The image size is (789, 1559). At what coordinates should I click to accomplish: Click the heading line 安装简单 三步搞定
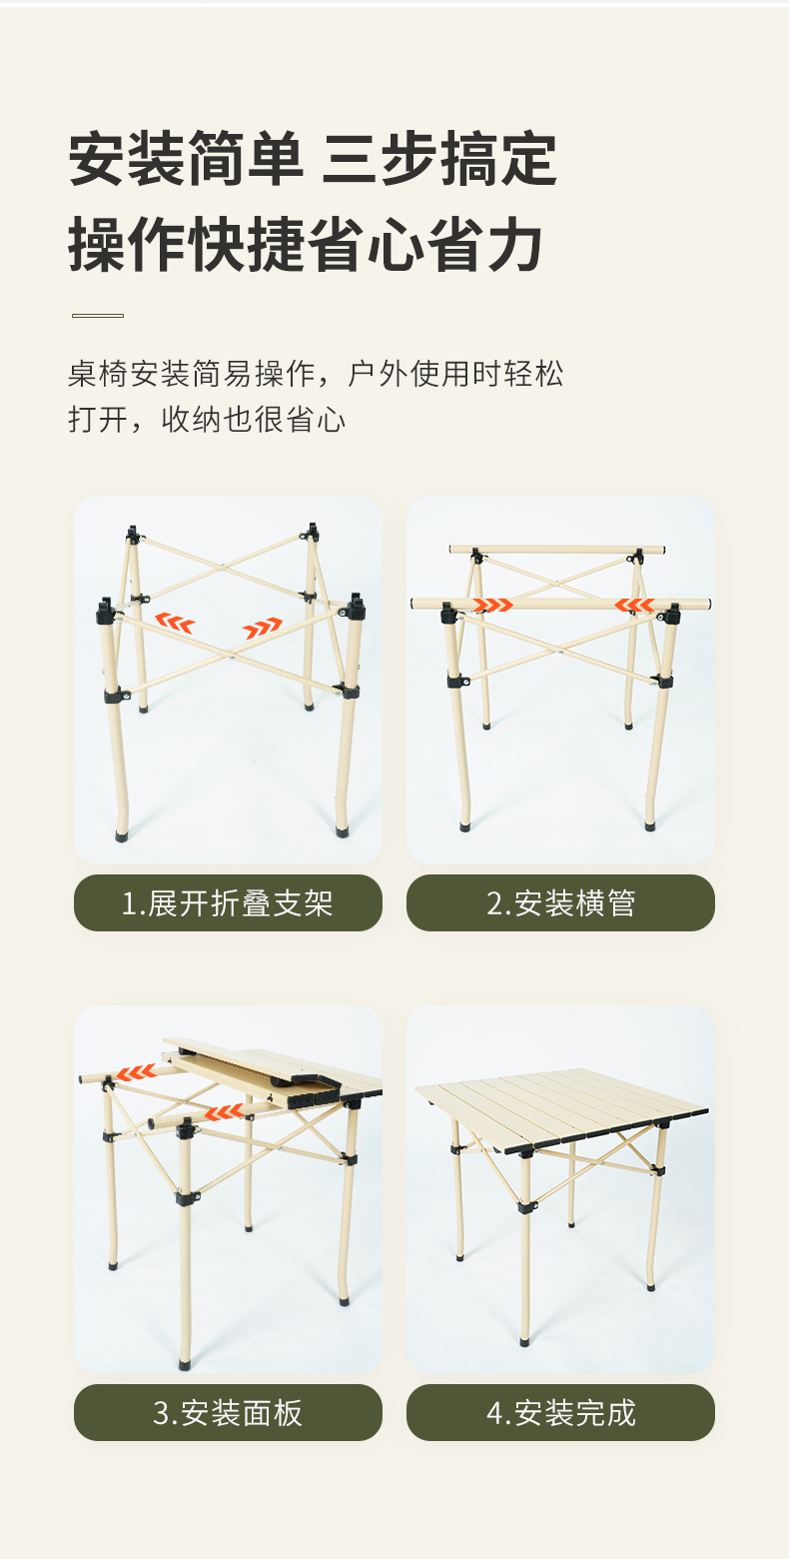(313, 159)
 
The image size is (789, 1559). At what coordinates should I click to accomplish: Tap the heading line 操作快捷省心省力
(306, 244)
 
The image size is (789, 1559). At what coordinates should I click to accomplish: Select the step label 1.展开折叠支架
(228, 903)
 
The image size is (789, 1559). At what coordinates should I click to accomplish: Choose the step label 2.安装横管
(560, 903)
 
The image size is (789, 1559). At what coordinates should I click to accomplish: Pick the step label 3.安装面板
(228, 1413)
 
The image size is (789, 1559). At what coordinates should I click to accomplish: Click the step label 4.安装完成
(560, 1413)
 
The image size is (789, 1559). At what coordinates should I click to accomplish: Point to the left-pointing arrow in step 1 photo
(175, 623)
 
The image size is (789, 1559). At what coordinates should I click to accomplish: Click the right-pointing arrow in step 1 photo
(263, 627)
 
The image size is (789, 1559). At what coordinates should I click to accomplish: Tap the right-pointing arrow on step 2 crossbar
(492, 605)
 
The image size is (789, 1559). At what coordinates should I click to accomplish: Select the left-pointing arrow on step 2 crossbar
(634, 605)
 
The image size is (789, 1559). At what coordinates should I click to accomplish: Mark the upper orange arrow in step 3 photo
(136, 1072)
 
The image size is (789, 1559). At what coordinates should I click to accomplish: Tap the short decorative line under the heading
(98, 315)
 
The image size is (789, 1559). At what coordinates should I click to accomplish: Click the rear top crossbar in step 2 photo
(556, 550)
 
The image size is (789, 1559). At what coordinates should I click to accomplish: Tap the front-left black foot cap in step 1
(123, 834)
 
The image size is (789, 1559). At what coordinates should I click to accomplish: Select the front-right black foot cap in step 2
(649, 826)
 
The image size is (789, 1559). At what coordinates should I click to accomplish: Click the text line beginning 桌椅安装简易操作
(316, 374)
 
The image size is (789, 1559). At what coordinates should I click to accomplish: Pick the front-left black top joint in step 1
(106, 611)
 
